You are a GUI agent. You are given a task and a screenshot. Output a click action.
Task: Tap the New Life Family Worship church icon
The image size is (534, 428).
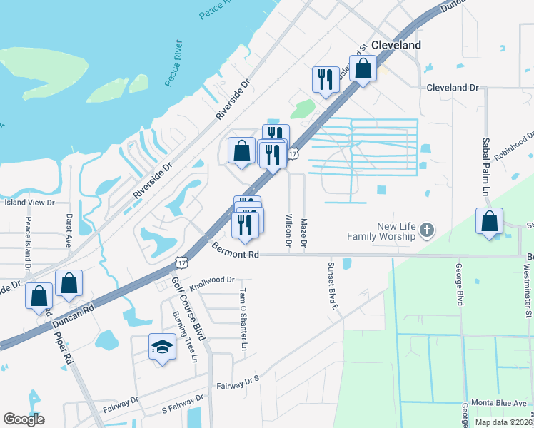tap(426, 230)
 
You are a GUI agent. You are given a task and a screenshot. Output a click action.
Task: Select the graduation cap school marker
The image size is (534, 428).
tap(162, 347)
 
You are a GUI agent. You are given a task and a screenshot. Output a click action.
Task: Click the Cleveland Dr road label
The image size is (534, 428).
tap(453, 88)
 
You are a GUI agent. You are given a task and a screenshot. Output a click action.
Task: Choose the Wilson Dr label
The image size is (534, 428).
tap(288, 230)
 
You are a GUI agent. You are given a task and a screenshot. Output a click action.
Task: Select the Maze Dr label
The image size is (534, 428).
tap(304, 234)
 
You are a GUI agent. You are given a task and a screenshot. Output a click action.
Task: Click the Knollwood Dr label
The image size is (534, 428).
tap(212, 280)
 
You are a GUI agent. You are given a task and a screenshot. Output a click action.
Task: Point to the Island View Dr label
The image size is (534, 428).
tap(29, 203)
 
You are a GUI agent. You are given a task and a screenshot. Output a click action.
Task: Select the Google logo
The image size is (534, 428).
tap(24, 419)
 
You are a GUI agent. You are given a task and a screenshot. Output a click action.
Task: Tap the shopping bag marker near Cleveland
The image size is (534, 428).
tap(363, 69)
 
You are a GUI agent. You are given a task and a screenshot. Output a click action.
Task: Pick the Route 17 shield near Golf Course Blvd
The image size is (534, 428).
tap(181, 263)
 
